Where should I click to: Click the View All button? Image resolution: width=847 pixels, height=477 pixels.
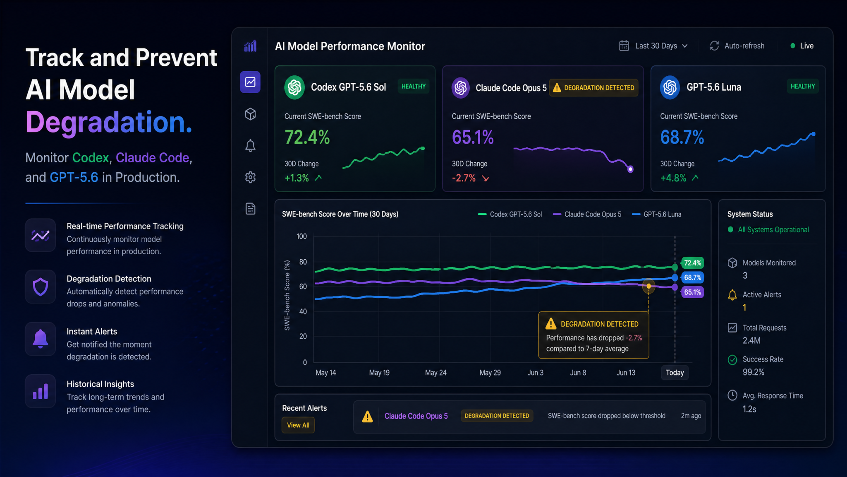298,425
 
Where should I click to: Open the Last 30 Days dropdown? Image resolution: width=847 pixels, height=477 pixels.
653,46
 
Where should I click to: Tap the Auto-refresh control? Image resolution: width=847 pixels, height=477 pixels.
737,46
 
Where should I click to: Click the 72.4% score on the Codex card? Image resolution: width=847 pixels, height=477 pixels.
307,137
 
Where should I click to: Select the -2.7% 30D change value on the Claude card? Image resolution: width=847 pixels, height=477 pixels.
464,178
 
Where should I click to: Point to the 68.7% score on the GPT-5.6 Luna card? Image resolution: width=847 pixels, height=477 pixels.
682,137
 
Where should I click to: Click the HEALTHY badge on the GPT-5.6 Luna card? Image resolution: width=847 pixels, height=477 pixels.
803,87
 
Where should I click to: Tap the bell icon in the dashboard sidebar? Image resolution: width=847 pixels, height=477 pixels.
250,146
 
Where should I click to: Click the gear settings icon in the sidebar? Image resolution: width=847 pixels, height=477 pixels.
250,177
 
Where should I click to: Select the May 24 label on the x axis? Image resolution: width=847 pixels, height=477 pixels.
436,373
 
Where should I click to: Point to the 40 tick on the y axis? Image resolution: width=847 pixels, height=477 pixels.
303,311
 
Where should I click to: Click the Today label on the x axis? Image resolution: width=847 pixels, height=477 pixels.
675,373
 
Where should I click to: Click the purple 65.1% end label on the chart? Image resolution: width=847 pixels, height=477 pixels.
692,292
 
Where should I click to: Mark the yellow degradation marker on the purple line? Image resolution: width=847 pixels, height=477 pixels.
649,286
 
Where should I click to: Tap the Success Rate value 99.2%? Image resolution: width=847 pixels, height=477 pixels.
754,372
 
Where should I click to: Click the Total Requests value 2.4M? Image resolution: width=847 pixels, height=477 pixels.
751,340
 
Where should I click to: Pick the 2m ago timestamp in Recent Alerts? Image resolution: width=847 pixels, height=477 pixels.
691,416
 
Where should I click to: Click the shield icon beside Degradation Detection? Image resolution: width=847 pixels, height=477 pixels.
41,287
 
